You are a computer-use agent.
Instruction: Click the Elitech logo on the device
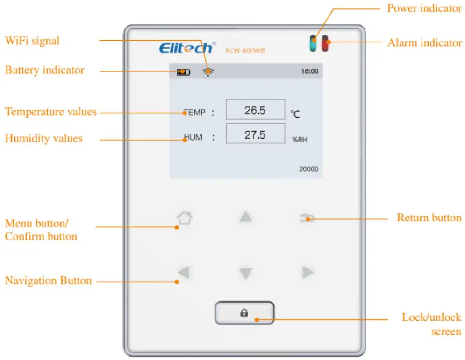(187, 48)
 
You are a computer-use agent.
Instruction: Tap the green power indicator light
(313, 44)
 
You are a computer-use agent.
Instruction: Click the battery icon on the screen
(184, 72)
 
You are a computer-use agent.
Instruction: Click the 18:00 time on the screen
(309, 71)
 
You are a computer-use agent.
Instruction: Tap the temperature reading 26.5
(255, 110)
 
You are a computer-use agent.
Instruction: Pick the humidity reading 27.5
(255, 134)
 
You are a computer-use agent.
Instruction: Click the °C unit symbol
(295, 113)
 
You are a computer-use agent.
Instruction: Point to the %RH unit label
(300, 139)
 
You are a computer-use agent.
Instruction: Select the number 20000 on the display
(308, 169)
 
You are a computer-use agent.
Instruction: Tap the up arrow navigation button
(246, 217)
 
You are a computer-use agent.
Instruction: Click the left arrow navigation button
(184, 272)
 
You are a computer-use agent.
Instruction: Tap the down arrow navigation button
(246, 274)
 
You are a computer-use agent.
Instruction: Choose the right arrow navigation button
(308, 272)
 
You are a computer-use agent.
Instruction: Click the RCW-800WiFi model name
(245, 50)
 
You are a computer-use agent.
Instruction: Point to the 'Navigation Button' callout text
(48, 281)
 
